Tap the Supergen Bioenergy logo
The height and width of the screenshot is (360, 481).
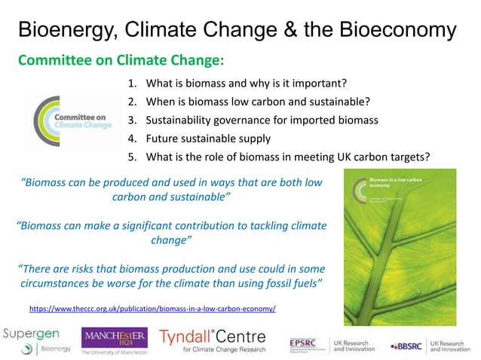[38, 341]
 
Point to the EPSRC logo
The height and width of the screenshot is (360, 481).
[308, 344]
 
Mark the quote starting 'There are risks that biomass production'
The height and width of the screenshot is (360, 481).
[170, 276]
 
